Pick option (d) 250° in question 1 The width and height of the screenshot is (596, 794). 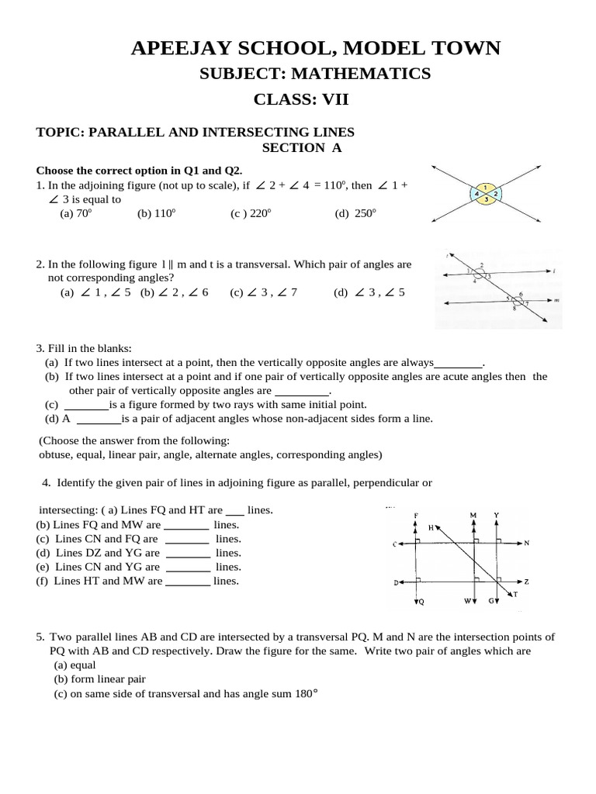tap(355, 213)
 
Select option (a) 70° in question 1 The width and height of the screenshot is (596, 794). tap(76, 213)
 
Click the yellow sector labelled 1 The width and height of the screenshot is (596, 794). tap(485, 188)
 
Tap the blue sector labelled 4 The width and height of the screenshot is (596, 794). tap(476, 194)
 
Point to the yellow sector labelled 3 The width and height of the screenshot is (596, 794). tap(485, 200)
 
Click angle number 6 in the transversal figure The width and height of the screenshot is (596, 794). tap(520, 294)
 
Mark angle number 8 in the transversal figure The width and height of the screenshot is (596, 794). tap(514, 309)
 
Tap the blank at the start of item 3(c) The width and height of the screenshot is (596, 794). tap(85, 405)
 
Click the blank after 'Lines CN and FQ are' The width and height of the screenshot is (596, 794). tap(188, 539)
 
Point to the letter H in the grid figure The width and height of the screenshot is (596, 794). tap(431, 527)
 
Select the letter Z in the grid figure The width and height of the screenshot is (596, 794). tap(526, 582)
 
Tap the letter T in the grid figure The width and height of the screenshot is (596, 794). tap(514, 595)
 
